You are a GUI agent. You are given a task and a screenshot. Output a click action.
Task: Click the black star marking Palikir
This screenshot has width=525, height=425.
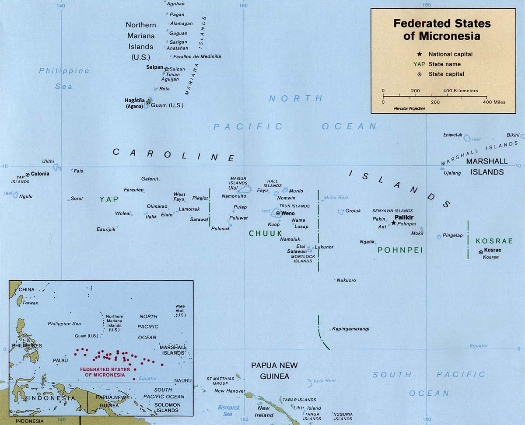point(394,223)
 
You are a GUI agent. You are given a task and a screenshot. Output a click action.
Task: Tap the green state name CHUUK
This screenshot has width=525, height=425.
point(266,233)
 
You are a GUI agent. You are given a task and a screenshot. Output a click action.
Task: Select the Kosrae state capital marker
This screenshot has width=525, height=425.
point(481,252)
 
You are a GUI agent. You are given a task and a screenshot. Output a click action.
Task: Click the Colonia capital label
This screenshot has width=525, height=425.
point(40,174)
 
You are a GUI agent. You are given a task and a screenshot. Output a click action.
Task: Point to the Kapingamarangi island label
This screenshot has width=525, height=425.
point(350,328)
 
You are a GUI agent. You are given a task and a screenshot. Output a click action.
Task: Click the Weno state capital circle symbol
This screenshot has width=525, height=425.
point(278,213)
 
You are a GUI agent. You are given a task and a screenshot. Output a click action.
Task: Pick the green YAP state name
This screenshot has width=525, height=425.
point(109,199)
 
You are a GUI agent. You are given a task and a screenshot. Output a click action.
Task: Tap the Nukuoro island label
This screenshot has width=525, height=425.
point(346,280)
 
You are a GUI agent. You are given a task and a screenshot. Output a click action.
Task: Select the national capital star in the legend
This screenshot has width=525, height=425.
point(420,54)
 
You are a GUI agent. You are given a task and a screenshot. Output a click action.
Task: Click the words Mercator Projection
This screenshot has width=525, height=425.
point(409,108)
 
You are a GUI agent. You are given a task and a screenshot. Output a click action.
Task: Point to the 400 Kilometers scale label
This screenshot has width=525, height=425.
point(460,91)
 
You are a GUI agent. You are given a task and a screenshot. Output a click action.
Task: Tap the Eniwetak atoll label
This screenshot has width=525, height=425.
point(452,135)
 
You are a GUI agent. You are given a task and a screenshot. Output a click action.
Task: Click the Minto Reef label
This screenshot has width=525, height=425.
point(336,198)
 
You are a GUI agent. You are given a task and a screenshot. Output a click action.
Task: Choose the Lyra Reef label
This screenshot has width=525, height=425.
point(325,381)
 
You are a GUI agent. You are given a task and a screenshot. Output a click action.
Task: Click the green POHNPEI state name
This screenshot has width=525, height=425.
point(396,250)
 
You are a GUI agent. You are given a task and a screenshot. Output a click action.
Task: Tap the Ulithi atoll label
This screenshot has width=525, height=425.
point(49,161)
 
